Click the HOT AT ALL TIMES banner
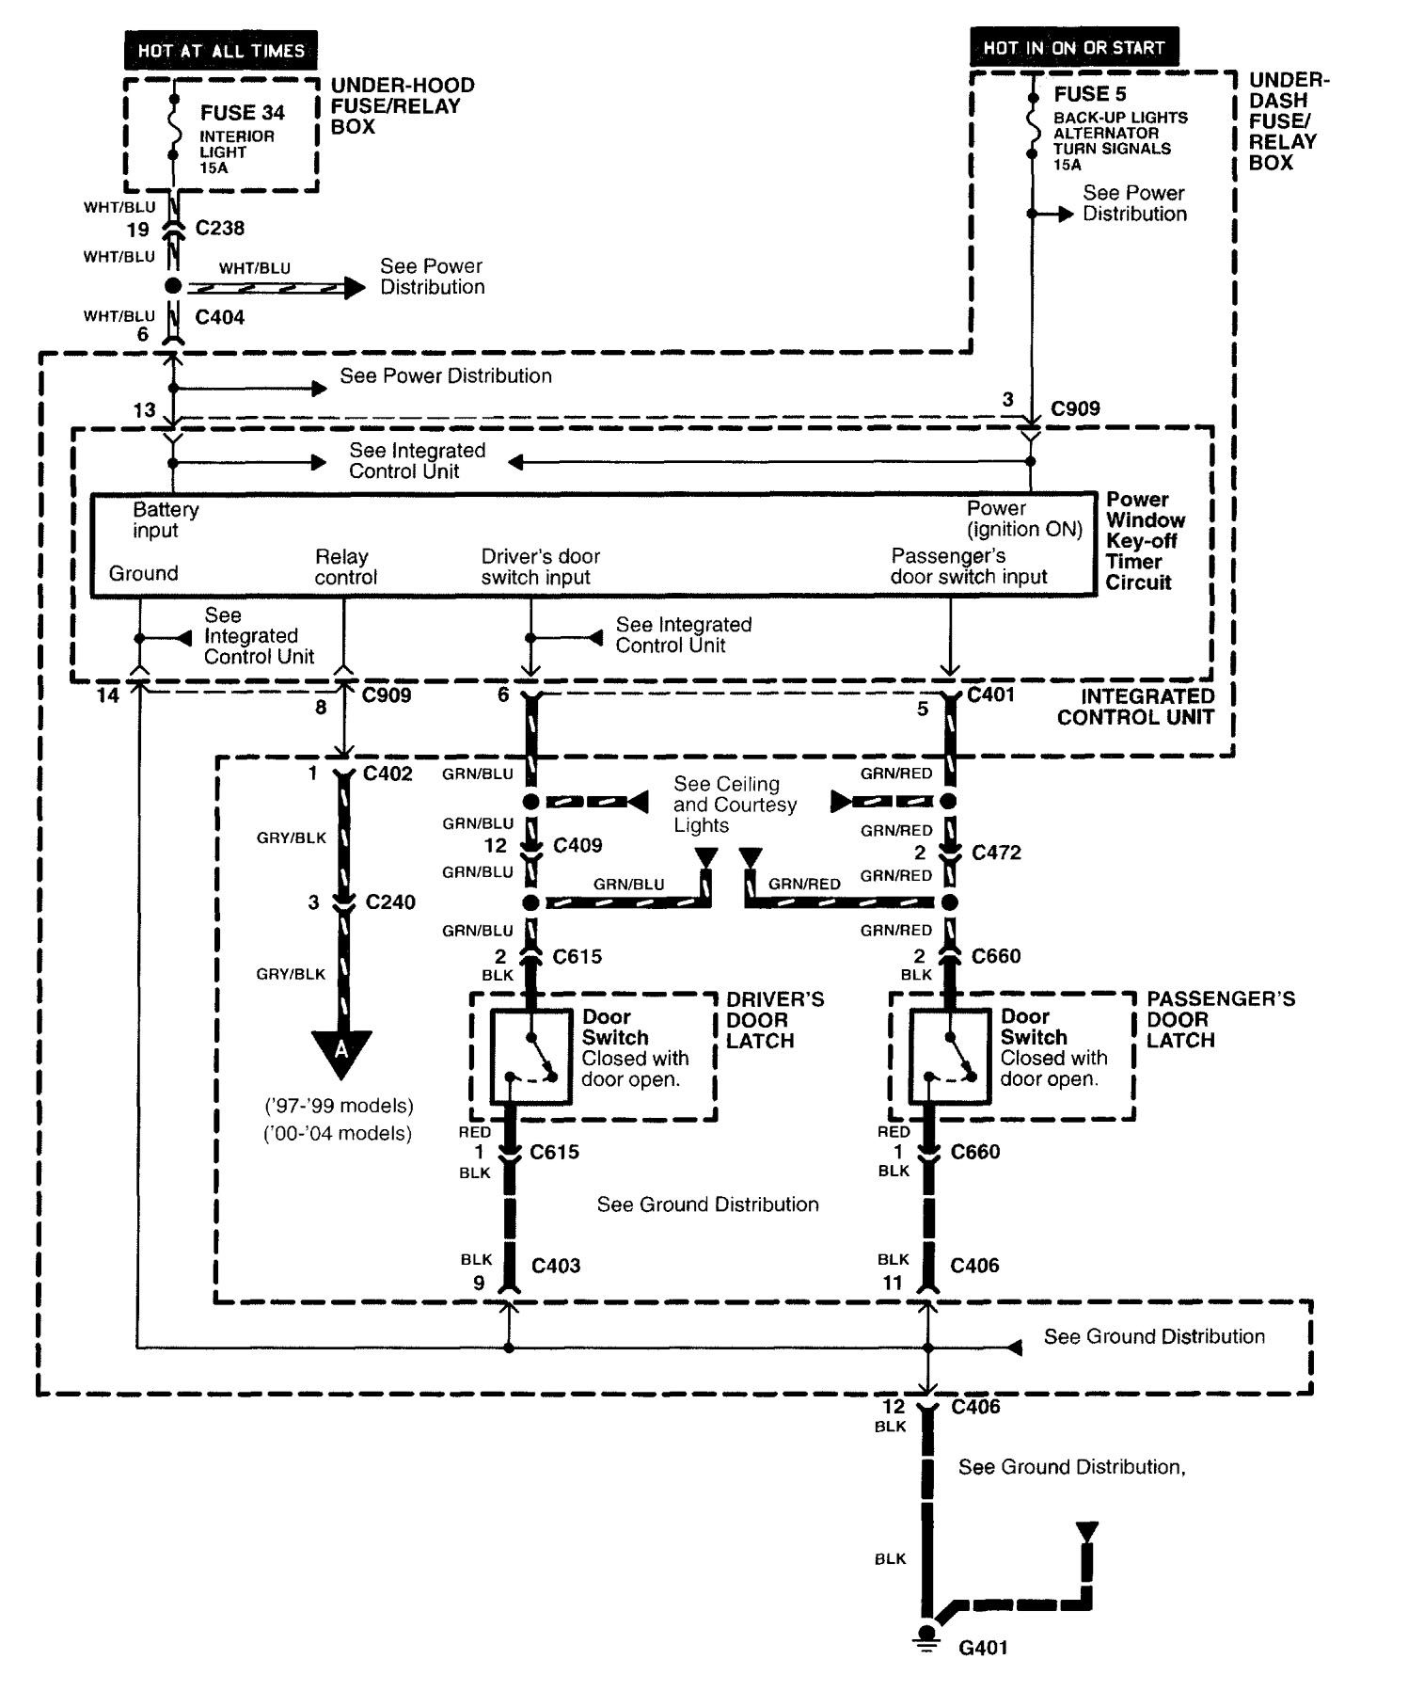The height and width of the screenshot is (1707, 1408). coord(221,51)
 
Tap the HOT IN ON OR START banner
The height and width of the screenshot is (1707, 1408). coord(1073,48)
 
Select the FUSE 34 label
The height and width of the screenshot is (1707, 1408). coord(242,113)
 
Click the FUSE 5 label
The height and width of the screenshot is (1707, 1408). coord(1089,94)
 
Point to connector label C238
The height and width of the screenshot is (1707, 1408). coord(220,228)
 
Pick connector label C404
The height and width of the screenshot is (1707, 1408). coord(219,317)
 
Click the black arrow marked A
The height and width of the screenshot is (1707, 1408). coord(341,1051)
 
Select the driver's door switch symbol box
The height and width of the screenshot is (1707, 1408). coord(531,1057)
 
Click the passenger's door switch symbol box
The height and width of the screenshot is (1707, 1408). coord(950,1057)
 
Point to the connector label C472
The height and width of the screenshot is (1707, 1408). coord(996,853)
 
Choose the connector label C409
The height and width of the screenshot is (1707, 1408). coord(577,845)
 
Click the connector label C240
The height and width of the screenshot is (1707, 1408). coord(390,902)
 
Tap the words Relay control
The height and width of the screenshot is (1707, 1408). coord(344,567)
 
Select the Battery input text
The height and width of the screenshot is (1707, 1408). coord(166,519)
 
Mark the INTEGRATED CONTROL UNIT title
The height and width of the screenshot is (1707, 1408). coord(1135,707)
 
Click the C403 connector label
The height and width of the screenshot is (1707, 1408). coord(556,1266)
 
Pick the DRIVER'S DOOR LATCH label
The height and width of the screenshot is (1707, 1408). coord(774,1020)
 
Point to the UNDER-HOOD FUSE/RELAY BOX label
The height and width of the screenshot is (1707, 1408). coord(402,105)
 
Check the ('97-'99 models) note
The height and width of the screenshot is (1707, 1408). coord(339,1105)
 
